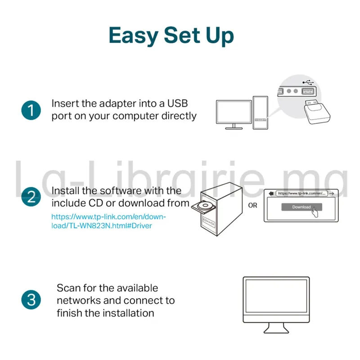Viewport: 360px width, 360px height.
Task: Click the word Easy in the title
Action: coord(134,36)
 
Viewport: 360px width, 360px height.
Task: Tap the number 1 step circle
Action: coord(31,110)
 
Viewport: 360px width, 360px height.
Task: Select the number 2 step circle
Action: coord(31,197)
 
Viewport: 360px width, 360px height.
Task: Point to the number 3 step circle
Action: coord(31,300)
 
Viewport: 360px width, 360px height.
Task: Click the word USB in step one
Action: coord(177,103)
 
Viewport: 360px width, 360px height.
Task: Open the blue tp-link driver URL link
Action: coord(108,221)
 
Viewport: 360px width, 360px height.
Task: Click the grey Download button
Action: coord(301,207)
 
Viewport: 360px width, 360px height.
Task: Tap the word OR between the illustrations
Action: coord(252,205)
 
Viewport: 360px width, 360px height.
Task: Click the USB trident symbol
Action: coord(308,82)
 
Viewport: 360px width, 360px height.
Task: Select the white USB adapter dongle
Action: coord(317,112)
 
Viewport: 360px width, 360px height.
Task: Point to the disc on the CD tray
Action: coord(205,205)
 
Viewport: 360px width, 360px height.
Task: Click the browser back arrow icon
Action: coord(271,193)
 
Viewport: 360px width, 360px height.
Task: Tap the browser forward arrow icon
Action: coord(331,193)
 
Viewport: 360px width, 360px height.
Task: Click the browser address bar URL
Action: coord(301,193)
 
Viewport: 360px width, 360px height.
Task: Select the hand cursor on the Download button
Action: coord(315,211)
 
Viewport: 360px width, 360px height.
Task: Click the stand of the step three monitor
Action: coord(276,328)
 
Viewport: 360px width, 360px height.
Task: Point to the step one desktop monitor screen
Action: coord(234,112)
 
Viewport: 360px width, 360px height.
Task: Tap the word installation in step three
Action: coord(128,313)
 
